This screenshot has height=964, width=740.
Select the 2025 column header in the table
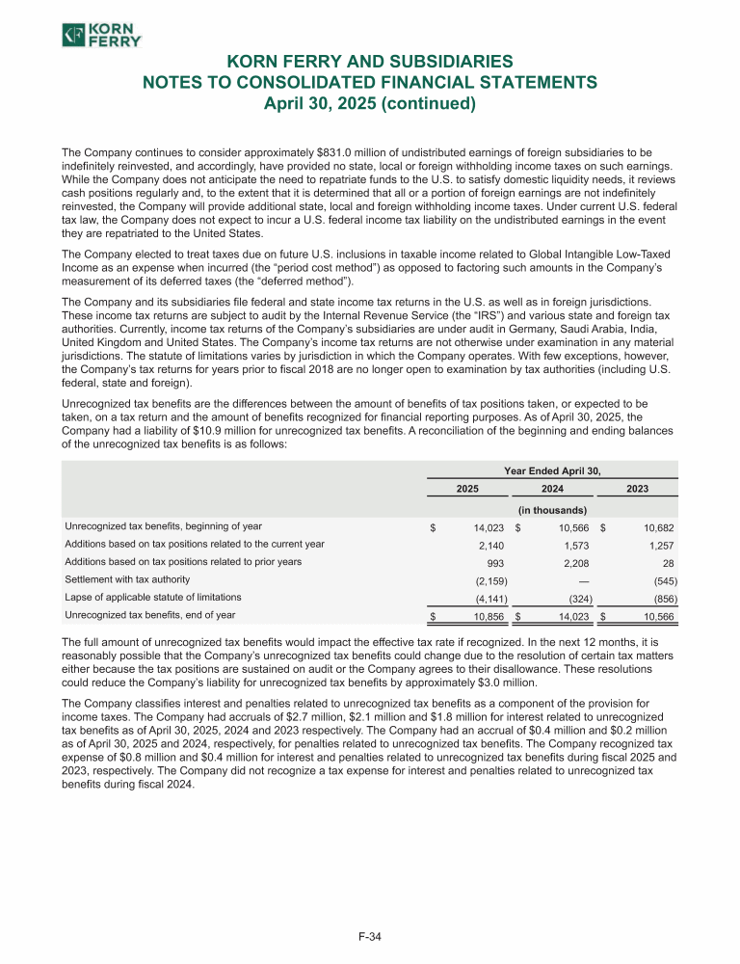(x=467, y=489)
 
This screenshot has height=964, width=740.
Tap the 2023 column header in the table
(x=637, y=489)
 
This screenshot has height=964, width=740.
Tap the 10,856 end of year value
(x=487, y=615)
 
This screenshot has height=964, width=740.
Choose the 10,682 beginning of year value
(x=655, y=527)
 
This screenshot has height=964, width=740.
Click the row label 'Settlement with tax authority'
(x=128, y=579)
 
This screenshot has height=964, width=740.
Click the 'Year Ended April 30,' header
(x=552, y=470)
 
